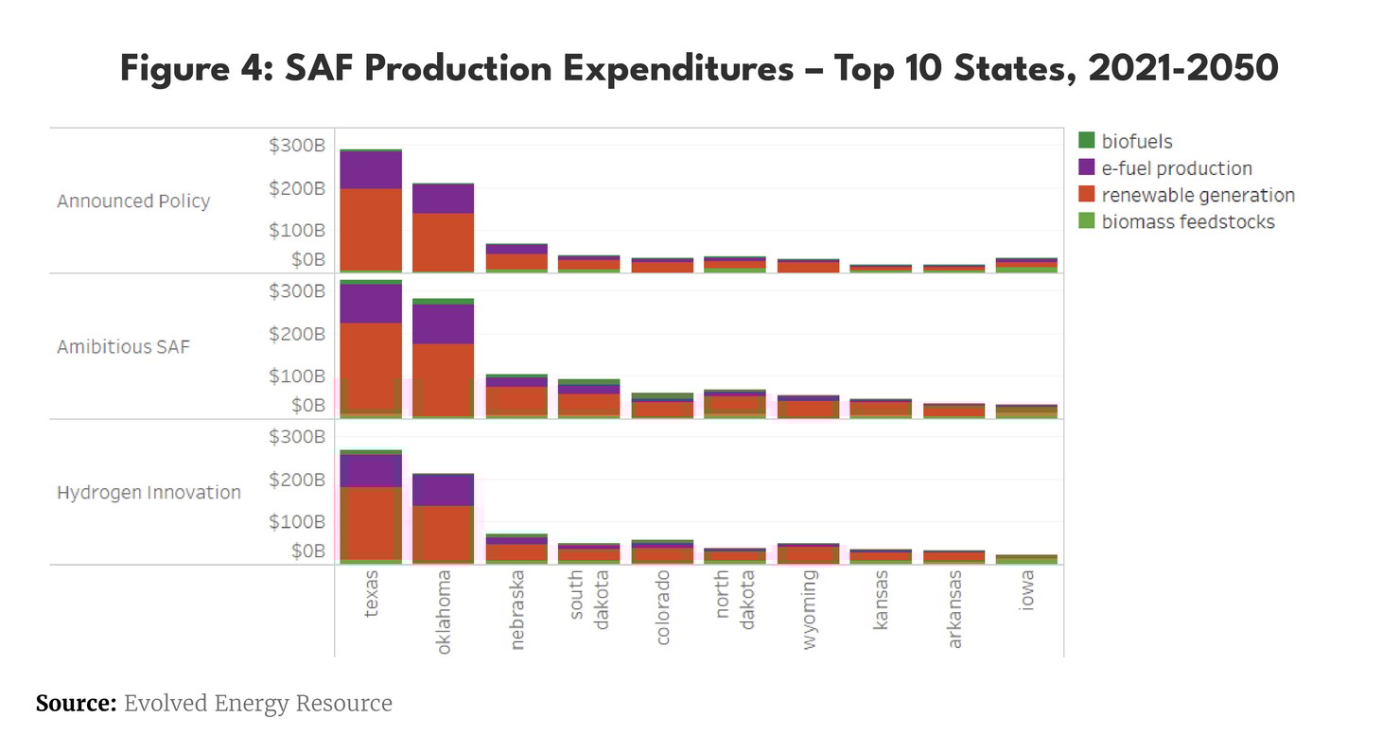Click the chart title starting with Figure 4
699,70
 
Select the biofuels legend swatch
1087,141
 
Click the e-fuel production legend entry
1176,168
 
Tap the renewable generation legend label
1198,195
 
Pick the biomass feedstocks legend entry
1187,222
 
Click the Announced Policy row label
133,201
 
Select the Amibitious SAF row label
123,347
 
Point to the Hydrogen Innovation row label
149,493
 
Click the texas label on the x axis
371,593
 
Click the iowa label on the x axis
1027,589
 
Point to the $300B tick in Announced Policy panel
297,146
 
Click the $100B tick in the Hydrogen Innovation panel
297,521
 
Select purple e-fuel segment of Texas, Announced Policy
371,170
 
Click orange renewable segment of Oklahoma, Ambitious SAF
444,378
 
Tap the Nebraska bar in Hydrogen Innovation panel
516,550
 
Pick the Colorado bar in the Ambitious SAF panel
662,406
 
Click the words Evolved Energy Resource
257,704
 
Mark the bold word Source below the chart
76,704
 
